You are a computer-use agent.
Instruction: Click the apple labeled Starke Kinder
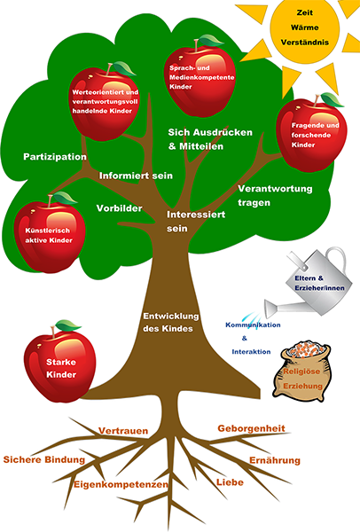tap(61, 364)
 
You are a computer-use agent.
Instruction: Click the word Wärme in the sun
tap(304, 27)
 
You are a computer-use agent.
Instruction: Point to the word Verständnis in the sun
tap(305, 43)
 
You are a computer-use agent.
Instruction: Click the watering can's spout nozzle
tap(270, 308)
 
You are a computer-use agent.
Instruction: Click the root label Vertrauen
tap(123, 431)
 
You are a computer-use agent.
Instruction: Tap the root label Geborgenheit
tap(252, 428)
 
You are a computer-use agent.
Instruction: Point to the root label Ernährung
tap(275, 460)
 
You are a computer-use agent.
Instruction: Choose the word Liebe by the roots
tap(230, 482)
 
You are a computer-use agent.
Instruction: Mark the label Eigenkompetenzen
tap(121, 484)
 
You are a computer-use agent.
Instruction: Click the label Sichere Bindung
tap(44, 459)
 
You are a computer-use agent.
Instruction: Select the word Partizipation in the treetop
tap(55, 157)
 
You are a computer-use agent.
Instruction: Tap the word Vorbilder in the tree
tap(119, 208)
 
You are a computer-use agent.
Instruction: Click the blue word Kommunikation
tap(253, 325)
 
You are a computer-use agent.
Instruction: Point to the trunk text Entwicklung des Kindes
tap(170, 323)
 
